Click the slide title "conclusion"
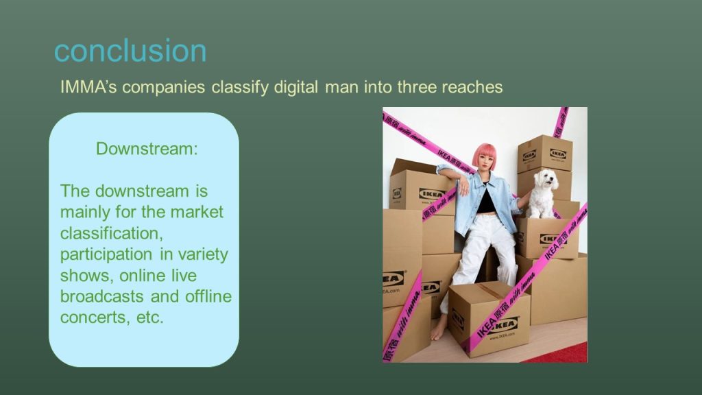(130, 51)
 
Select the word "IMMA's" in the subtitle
(88, 86)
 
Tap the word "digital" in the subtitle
(296, 86)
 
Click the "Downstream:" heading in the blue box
(147, 149)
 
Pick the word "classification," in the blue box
(112, 233)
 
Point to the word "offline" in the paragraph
(208, 296)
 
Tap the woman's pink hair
(483, 154)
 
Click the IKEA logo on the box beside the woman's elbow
(432, 194)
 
